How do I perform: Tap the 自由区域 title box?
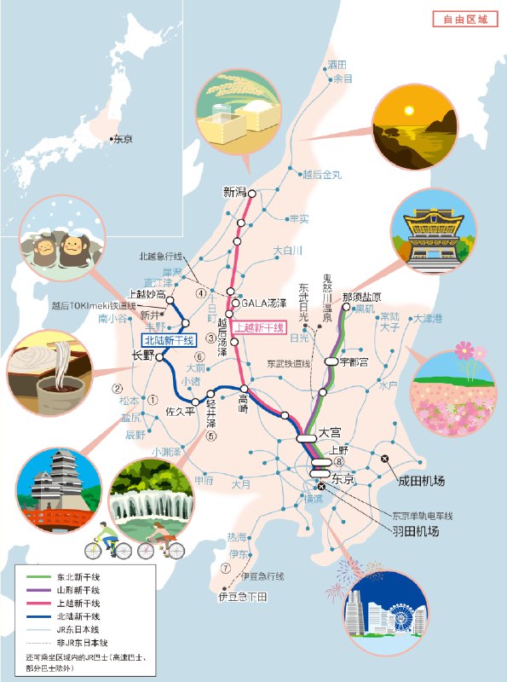click(464, 19)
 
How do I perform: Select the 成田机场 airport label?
click(421, 481)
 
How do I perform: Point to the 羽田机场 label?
click(415, 531)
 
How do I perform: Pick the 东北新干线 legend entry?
click(78, 577)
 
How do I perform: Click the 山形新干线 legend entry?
click(78, 590)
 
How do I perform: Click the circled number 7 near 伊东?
click(225, 569)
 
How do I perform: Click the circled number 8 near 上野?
click(338, 461)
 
